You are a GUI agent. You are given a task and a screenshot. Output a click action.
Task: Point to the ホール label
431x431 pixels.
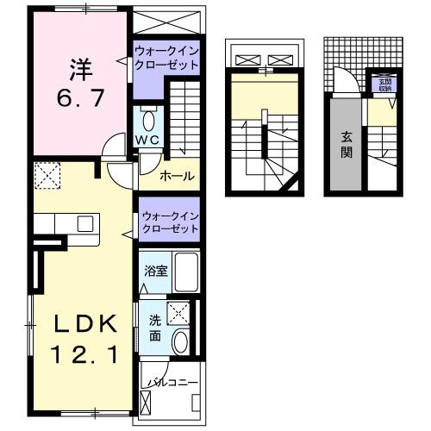pos(178,177)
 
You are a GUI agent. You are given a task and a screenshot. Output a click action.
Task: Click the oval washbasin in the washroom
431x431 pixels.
pos(181,342)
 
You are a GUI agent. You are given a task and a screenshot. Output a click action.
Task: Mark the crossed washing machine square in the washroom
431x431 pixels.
pos(179,313)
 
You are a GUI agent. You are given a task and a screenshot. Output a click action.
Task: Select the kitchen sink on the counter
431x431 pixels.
pos(84,223)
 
